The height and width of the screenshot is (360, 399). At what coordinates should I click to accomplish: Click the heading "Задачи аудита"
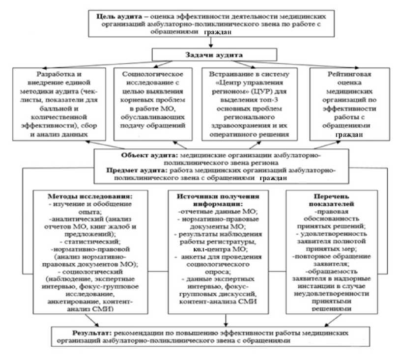click(199, 55)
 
